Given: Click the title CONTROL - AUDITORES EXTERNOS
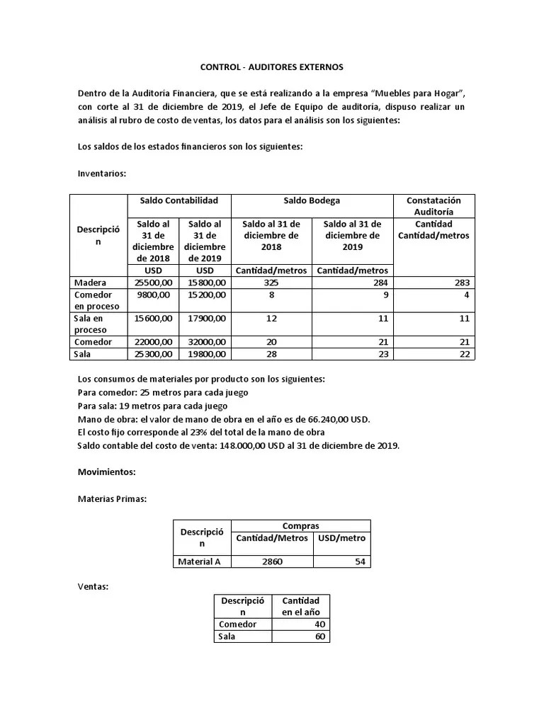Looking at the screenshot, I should click(271, 67).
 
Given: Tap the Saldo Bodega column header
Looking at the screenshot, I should click(312, 201).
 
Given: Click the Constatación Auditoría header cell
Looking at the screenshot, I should click(433, 206).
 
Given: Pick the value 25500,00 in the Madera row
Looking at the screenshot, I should click(153, 283).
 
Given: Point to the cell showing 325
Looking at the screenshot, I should click(271, 283).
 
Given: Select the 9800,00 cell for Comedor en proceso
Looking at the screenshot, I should click(153, 295).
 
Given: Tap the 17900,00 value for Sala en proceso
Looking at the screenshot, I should click(205, 319).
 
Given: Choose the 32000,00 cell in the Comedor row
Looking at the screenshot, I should click(205, 342).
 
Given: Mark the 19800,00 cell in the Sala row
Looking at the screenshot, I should click(205, 354).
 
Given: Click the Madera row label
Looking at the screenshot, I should click(91, 283).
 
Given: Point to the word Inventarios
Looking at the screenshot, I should click(101, 173).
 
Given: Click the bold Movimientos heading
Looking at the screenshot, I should click(106, 472).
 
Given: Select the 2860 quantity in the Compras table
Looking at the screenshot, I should click(271, 562).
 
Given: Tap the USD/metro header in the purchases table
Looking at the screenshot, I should click(342, 538).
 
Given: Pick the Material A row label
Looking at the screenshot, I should click(199, 562).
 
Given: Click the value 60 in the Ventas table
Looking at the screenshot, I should click(319, 636).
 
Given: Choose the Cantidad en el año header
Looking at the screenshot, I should click(301, 606).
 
